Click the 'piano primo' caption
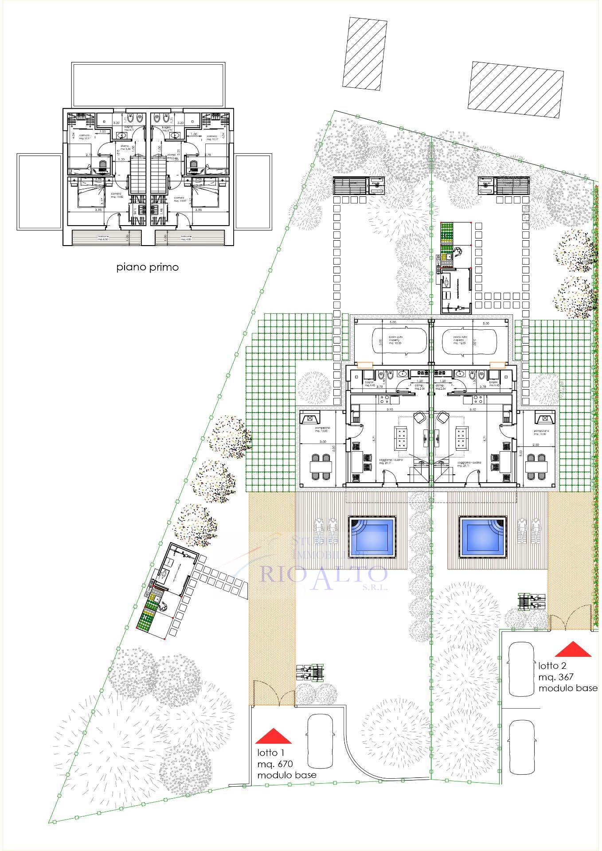point(148,267)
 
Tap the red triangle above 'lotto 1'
point(274,736)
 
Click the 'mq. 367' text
point(556,677)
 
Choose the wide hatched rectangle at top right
point(516,90)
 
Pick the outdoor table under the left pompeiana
point(320,466)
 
